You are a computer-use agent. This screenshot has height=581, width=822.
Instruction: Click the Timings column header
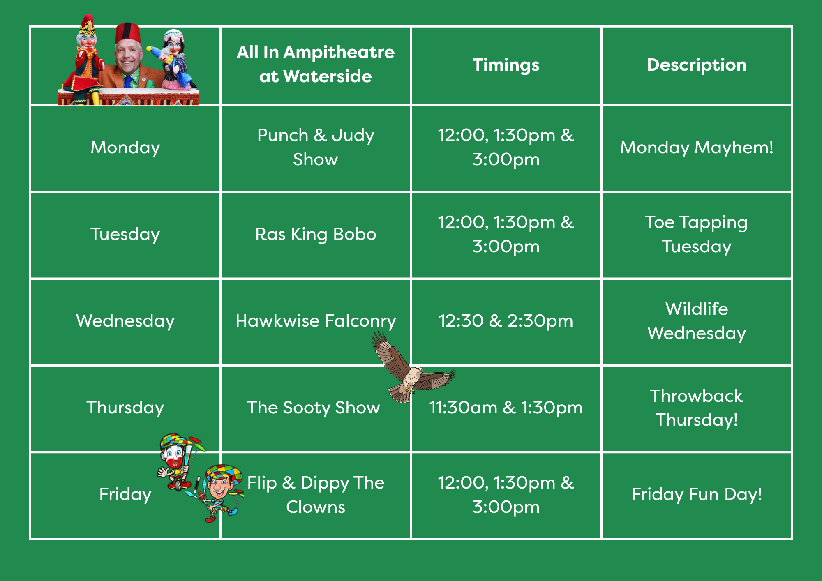506,65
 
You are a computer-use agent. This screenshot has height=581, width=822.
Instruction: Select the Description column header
697,65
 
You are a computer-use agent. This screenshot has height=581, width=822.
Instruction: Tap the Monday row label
125,148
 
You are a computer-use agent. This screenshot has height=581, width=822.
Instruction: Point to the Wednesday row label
125,321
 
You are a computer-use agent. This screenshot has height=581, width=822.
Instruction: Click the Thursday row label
125,408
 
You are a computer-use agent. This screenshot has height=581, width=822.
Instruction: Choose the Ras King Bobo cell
316,235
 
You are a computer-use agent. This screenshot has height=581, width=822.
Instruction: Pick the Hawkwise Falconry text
316,321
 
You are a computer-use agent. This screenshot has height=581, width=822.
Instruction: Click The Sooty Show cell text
314,408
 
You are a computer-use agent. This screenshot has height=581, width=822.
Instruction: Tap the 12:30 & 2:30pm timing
506,321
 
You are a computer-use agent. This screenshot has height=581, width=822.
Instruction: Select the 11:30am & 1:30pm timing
506,408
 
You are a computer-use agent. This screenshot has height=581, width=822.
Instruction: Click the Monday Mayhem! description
697,148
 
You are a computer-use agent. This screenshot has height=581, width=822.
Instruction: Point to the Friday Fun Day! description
697,494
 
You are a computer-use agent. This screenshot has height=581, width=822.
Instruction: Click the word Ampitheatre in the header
339,53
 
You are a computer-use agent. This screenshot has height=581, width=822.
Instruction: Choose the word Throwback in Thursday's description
697,396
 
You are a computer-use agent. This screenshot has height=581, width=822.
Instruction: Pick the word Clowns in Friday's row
316,507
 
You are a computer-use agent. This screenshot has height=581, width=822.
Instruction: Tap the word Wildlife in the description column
697,309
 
